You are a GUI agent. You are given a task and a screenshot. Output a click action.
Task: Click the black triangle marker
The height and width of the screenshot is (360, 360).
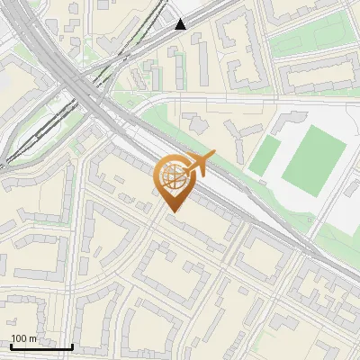(181, 24)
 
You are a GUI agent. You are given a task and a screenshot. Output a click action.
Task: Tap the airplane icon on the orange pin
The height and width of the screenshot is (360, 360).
(200, 164)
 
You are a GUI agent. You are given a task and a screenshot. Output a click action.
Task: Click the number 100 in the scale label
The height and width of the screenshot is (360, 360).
(19, 339)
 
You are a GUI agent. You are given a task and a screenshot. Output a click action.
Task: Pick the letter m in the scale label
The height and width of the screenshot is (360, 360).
(33, 339)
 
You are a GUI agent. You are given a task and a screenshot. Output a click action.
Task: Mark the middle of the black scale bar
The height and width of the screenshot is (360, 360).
(41, 346)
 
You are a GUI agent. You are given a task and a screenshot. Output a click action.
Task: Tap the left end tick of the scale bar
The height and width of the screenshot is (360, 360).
(11, 346)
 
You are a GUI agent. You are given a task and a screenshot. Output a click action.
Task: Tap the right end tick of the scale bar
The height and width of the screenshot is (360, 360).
(72, 346)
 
